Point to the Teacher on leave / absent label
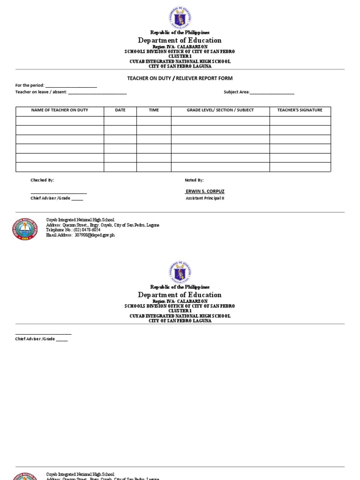[x=41, y=92]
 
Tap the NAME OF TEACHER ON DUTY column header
[x=60, y=110]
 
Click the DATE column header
[x=120, y=110]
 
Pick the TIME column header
[x=154, y=110]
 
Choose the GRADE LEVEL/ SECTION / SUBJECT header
[x=220, y=110]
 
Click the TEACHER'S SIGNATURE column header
[x=300, y=110]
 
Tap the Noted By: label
[x=195, y=180]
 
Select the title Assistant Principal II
[x=205, y=198]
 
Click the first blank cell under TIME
[x=154, y=121]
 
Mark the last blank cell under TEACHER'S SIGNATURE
[x=300, y=167]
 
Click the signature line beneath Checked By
[x=59, y=193]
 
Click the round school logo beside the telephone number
[x=24, y=228]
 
